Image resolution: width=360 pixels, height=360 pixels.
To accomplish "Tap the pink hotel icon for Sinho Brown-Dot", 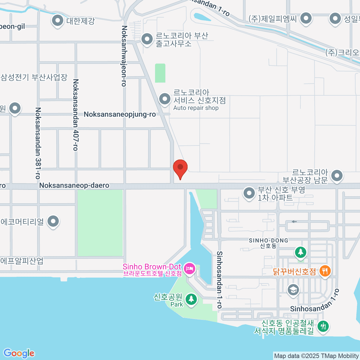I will coord(190,268).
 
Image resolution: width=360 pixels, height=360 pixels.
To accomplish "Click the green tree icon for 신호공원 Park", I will coord(191,299).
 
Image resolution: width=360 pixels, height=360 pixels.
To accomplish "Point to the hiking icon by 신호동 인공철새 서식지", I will coord(323,326).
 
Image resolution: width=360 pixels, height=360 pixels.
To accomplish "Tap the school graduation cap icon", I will coord(293,290).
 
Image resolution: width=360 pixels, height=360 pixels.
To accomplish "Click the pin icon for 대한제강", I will coord(57,21).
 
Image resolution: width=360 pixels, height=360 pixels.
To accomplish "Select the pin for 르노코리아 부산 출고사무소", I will coord(147,39).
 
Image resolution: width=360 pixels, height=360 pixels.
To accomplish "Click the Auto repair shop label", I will coord(196,108).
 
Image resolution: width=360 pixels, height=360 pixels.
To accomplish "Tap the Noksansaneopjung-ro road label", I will coord(120,114).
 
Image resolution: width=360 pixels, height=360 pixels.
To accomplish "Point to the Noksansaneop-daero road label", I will coord(74,185).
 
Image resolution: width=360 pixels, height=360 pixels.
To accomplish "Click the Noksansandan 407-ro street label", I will coord(76,115).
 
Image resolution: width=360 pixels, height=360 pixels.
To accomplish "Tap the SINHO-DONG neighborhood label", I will coord(268,241).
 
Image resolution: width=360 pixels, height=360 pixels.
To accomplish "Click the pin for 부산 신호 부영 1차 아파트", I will coord(249,193).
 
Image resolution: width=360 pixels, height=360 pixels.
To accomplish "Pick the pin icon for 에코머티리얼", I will coord(53,221).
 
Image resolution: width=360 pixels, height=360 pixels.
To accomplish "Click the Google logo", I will coord(19,353).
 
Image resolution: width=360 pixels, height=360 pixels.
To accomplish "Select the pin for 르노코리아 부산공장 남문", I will coord(337,176).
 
